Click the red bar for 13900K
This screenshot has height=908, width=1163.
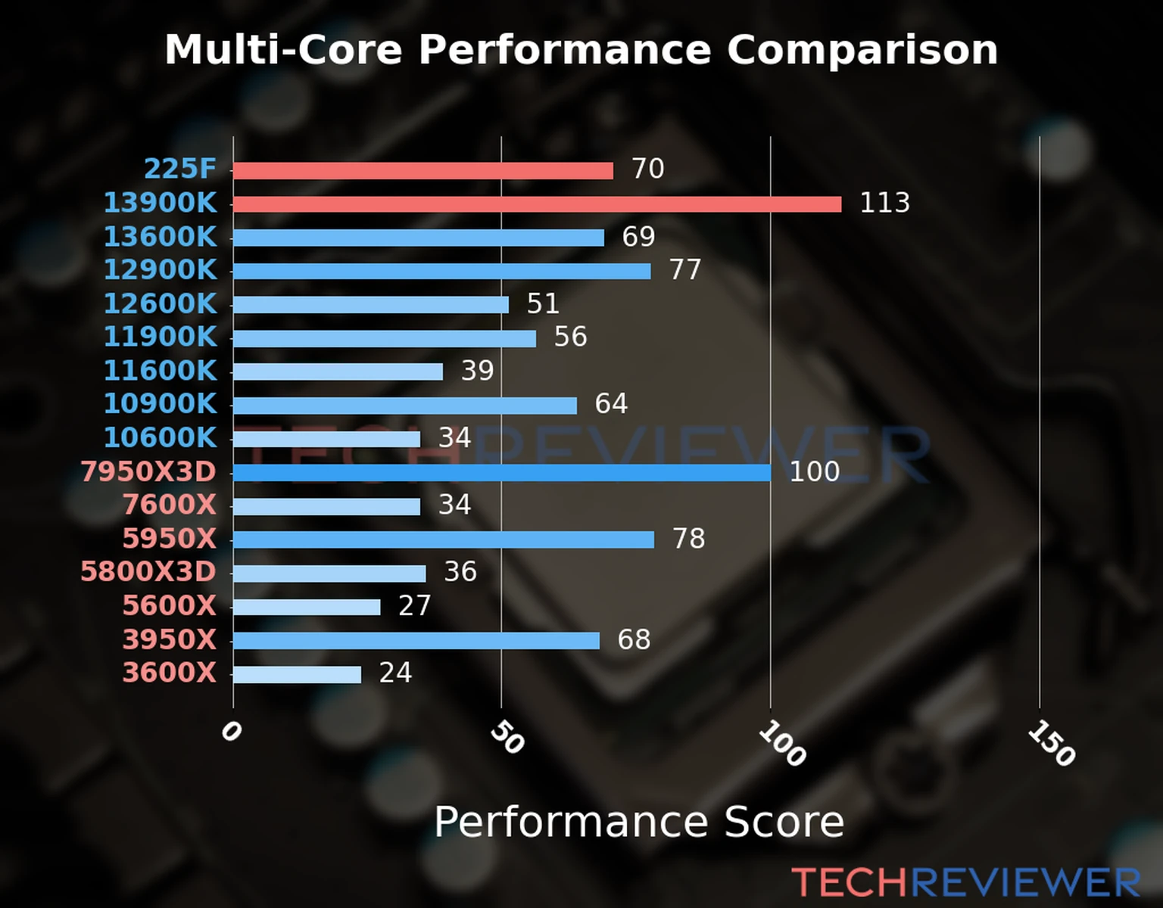point(537,204)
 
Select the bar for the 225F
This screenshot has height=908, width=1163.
point(422,171)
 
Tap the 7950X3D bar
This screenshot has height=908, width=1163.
point(501,473)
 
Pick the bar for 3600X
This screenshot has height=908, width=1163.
point(297,674)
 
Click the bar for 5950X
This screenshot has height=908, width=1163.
point(443,540)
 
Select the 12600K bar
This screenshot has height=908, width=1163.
point(370,305)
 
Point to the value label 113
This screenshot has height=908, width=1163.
point(884,203)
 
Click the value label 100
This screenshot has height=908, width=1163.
point(814,471)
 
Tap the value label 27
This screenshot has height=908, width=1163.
point(414,605)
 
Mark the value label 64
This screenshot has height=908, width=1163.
point(611,404)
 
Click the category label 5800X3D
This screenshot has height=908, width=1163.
point(148,572)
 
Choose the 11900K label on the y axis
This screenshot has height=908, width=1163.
point(160,337)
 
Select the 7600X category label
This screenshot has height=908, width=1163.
point(170,505)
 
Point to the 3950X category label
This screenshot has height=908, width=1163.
point(170,640)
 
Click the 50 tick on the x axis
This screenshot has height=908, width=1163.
point(507,738)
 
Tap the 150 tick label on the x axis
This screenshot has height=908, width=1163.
point(1051,743)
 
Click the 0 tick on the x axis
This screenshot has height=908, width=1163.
point(231,732)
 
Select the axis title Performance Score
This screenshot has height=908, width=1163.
point(638,822)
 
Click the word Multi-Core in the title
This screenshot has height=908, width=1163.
point(283,50)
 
